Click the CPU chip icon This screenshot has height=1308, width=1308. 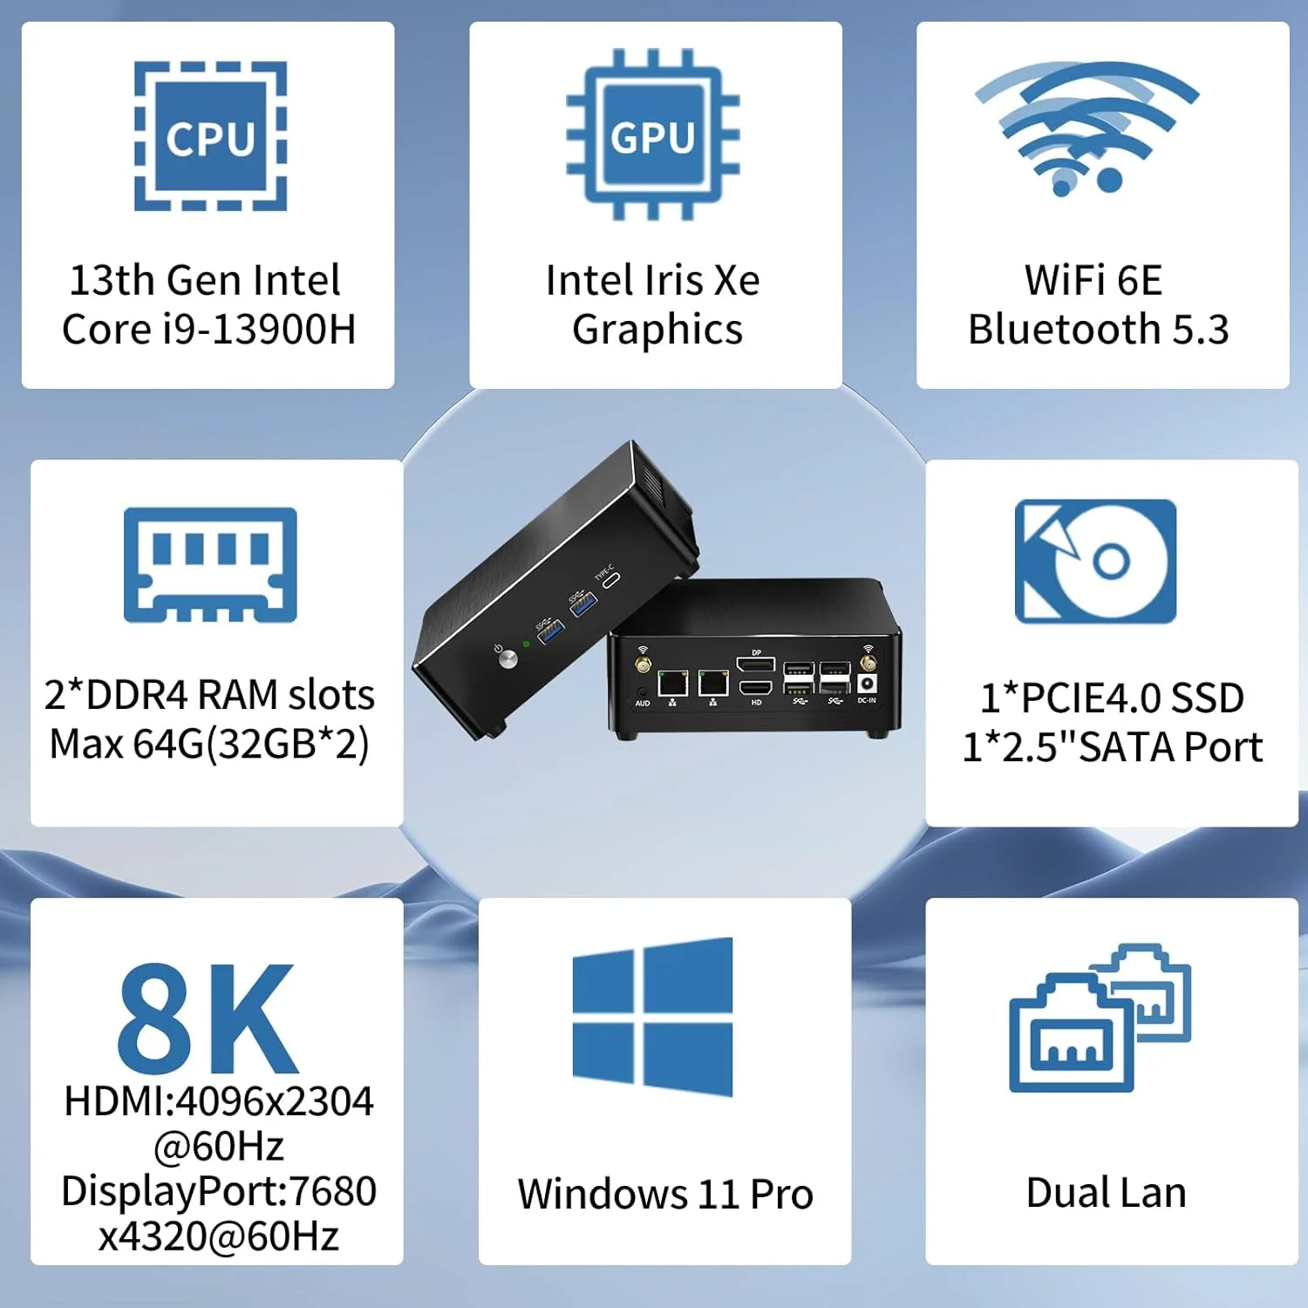pos(210,136)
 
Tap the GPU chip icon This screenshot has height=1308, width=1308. pos(653,134)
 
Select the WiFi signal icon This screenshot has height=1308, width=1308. pos(1087,127)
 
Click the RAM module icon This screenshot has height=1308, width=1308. pos(210,564)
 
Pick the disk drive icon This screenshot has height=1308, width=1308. pos(1095,561)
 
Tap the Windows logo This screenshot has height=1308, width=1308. pos(652,1017)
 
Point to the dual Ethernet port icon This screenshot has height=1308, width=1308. pos(1100,1018)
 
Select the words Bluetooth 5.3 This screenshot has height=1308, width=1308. pos(1099,330)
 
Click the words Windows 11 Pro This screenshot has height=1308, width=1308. pos(664,1194)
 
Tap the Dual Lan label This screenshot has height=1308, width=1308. pos(1106,1193)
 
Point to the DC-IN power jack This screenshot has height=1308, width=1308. pos(867,685)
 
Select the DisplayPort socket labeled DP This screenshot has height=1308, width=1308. pos(755,665)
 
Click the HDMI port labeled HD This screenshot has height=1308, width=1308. pos(755,688)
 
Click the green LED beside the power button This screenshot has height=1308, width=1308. pos(526,644)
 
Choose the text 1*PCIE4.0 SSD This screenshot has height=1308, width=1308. pos(1112,698)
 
